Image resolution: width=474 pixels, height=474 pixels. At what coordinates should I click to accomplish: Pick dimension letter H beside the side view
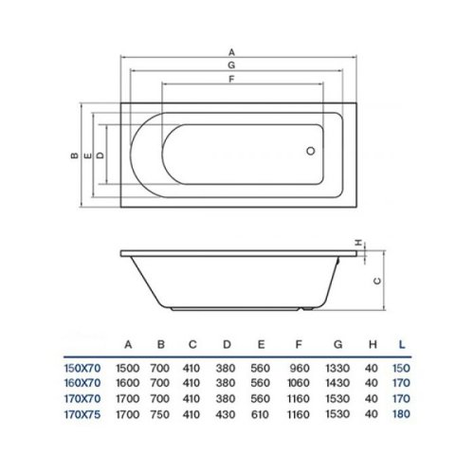tap(358, 244)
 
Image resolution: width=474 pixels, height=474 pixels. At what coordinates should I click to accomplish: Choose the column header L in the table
tap(406, 343)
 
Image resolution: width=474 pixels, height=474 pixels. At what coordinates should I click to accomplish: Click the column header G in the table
tap(336, 343)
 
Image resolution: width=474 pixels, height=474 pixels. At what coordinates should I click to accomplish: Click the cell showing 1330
tap(336, 367)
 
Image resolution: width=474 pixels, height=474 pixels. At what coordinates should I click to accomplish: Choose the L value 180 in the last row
tap(406, 413)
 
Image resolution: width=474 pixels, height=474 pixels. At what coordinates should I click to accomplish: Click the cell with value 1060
tap(301, 382)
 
